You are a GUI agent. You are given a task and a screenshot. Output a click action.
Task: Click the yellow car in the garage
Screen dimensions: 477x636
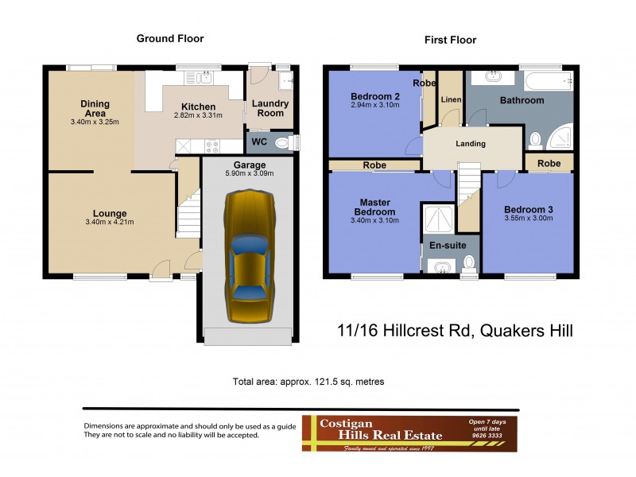248,256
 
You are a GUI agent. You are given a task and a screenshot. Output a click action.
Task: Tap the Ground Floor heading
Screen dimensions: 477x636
169,38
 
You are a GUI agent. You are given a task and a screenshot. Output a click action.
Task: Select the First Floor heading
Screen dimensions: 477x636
450,40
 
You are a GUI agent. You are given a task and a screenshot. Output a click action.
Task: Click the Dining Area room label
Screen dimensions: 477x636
95,108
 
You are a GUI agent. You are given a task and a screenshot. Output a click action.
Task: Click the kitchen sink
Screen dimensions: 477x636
205,78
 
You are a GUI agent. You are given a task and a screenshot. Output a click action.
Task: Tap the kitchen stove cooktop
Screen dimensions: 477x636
212,145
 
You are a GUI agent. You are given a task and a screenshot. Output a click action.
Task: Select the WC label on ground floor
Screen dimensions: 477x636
259,142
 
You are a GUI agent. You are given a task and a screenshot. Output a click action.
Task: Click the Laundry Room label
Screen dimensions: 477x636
270,108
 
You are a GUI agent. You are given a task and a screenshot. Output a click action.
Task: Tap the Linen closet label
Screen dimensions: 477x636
450,99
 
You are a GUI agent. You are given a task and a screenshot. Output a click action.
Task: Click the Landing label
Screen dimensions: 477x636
470,144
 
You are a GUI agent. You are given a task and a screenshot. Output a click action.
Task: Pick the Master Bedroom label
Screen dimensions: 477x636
374,207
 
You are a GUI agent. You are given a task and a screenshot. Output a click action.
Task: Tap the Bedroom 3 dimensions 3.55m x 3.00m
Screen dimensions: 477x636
529,221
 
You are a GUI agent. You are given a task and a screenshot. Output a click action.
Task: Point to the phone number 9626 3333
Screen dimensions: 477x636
487,436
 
